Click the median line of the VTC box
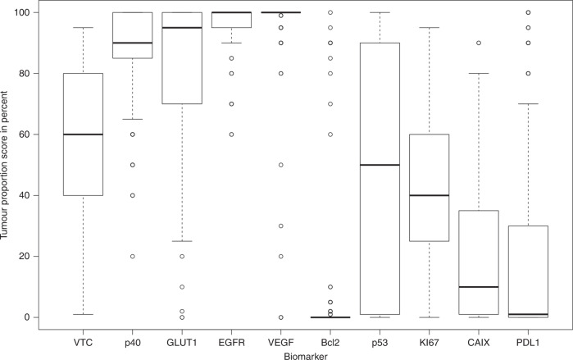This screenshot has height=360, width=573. [82, 134]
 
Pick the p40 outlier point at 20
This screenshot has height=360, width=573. [132, 256]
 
